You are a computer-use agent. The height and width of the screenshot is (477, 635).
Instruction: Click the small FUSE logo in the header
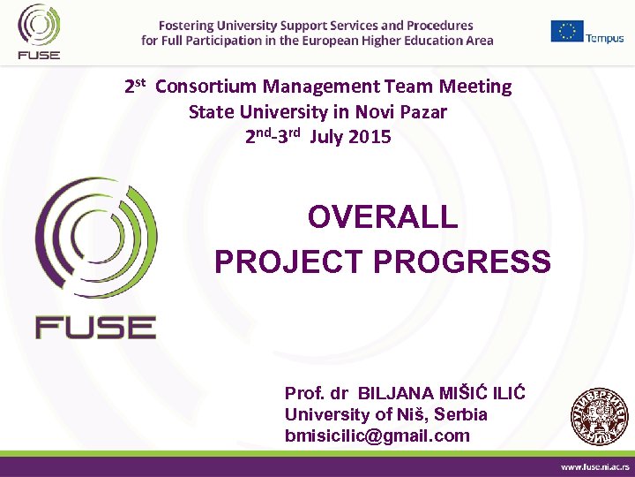(39, 31)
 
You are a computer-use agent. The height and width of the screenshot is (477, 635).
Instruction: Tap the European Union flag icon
(567, 31)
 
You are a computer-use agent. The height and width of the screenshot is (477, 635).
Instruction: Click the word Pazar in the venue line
(422, 112)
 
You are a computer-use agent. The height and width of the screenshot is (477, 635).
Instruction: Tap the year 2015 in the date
(370, 137)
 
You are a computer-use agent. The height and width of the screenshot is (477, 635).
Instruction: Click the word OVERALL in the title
(383, 217)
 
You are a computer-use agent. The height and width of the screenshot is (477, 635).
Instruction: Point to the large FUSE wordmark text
(95, 327)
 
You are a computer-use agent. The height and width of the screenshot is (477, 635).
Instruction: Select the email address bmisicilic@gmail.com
(377, 435)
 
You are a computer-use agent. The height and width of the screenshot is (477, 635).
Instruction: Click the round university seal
(599, 416)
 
